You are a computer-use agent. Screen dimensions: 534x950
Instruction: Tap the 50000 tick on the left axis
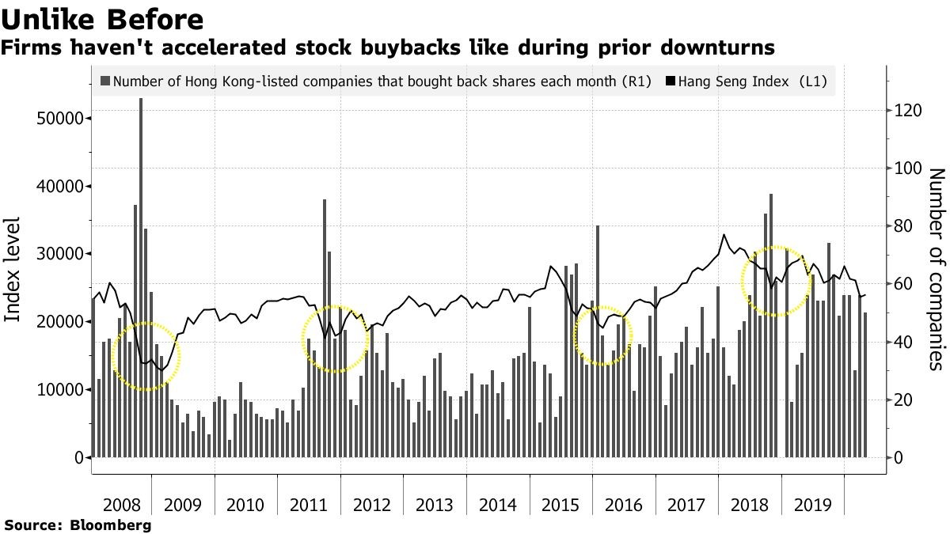coord(60,118)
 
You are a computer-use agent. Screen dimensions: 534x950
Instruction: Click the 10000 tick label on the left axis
coord(60,390)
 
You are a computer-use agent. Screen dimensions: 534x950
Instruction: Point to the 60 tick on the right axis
coord(904,284)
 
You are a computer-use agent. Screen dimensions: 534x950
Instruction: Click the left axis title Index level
coord(13,269)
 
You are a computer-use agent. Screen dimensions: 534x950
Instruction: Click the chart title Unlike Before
coord(102,18)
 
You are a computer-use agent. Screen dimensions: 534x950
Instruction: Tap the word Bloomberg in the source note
coord(111,525)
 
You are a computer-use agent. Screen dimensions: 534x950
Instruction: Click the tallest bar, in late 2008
coord(141,277)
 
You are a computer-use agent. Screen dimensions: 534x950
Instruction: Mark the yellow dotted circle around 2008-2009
coord(146,357)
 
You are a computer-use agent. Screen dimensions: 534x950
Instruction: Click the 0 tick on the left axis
coord(79,458)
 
